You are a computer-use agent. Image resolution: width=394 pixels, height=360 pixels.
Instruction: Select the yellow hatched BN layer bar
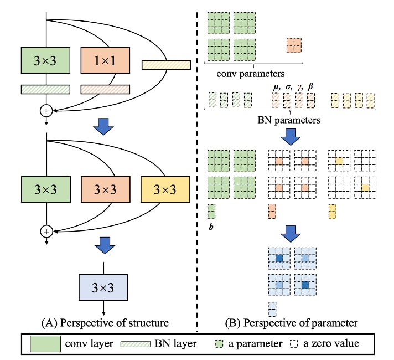point(166,65)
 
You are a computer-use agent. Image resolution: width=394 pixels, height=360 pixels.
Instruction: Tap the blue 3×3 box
point(104,288)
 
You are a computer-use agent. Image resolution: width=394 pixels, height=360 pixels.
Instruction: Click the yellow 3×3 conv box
point(165,189)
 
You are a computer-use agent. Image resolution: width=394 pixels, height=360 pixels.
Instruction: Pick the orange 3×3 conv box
point(105,189)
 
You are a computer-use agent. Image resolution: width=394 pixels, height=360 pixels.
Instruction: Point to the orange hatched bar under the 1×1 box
point(105,89)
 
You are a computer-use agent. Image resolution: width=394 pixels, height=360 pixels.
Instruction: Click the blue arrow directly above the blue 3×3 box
point(103,243)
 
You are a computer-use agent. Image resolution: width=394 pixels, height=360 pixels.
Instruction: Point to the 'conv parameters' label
point(250,73)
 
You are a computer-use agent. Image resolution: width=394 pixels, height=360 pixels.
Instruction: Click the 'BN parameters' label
point(291,119)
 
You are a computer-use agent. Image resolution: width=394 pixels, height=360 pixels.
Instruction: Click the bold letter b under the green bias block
point(211,227)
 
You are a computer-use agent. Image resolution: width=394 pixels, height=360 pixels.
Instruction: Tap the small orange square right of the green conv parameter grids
point(294,45)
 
